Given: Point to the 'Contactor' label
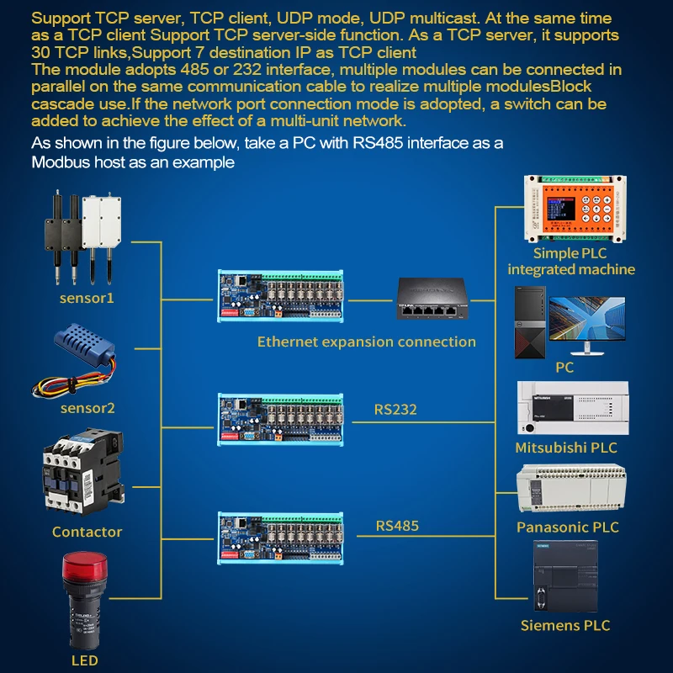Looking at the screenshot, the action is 87,532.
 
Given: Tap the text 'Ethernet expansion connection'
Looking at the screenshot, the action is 366,342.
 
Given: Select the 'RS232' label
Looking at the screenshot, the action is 395,411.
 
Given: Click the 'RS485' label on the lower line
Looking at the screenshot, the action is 397,527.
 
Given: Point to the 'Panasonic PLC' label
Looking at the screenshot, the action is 567,527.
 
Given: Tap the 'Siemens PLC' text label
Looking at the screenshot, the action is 564,625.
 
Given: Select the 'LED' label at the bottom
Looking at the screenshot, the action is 85,660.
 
